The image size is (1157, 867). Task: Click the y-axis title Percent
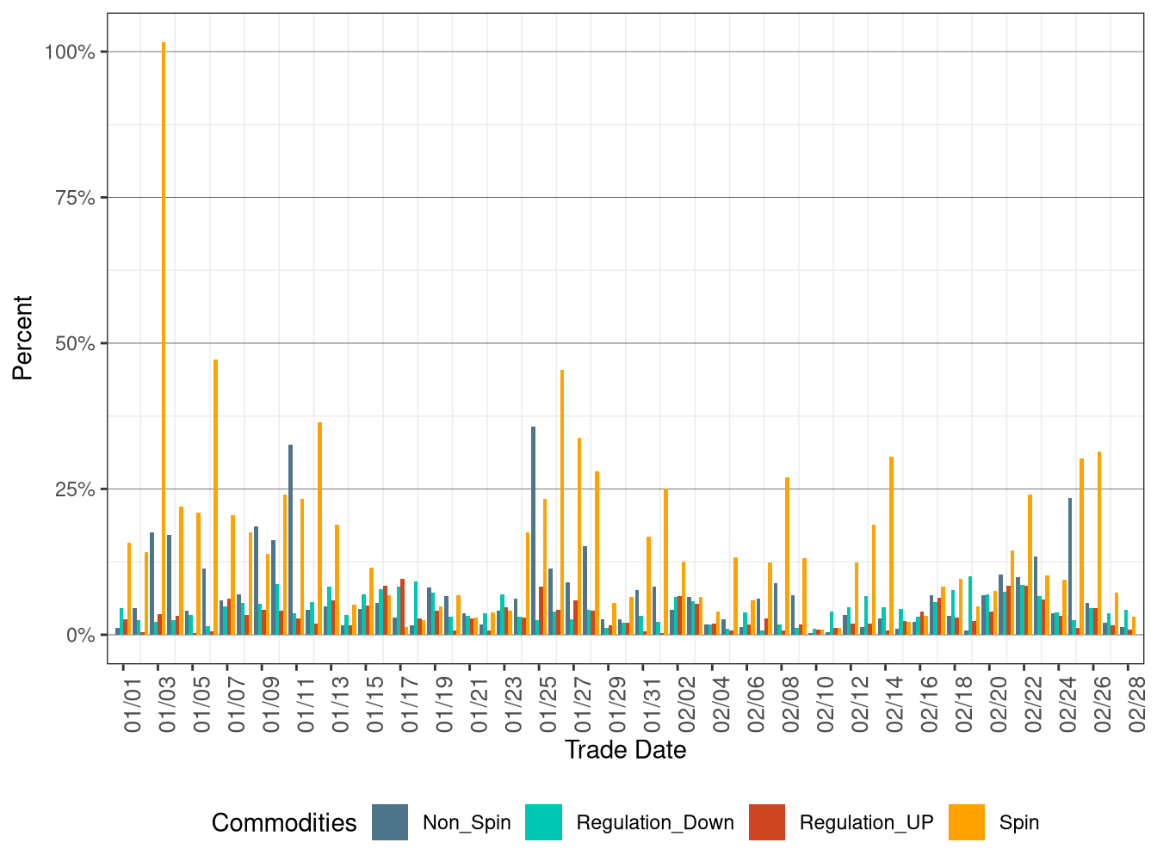tap(22, 337)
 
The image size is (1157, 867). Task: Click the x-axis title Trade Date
tap(625, 750)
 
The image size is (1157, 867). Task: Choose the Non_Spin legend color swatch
tap(390, 822)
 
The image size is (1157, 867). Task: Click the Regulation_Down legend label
tap(654, 823)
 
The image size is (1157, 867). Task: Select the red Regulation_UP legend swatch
tap(767, 822)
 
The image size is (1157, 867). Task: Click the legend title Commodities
tap(283, 823)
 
